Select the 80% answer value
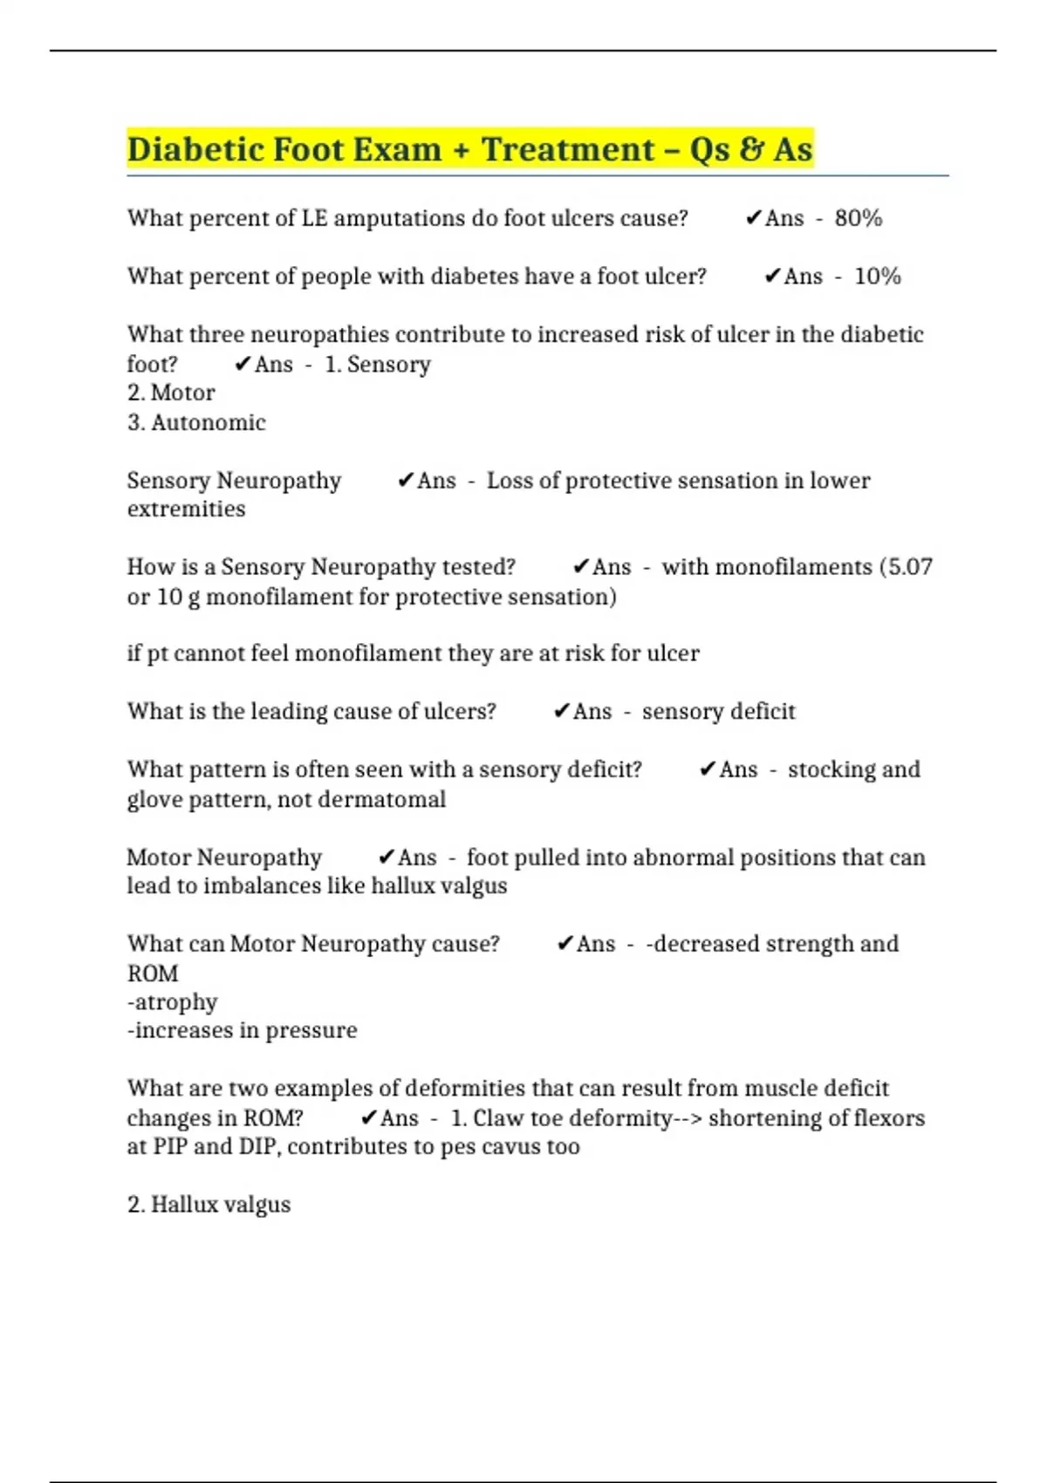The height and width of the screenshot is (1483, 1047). tap(858, 218)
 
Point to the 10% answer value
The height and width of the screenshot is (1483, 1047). tap(877, 277)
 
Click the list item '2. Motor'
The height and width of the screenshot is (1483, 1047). tap(171, 393)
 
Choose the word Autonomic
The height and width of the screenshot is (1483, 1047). tap(209, 423)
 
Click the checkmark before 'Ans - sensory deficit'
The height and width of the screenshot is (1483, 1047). tap(561, 712)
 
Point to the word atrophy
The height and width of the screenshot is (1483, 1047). tap(174, 1002)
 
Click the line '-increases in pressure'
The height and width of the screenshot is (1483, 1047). tap(242, 1031)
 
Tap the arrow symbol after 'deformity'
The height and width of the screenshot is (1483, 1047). tap(688, 1118)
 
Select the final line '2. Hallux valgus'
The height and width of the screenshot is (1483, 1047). tap(209, 1205)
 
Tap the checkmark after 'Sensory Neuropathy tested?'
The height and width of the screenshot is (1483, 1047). tap(580, 567)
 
